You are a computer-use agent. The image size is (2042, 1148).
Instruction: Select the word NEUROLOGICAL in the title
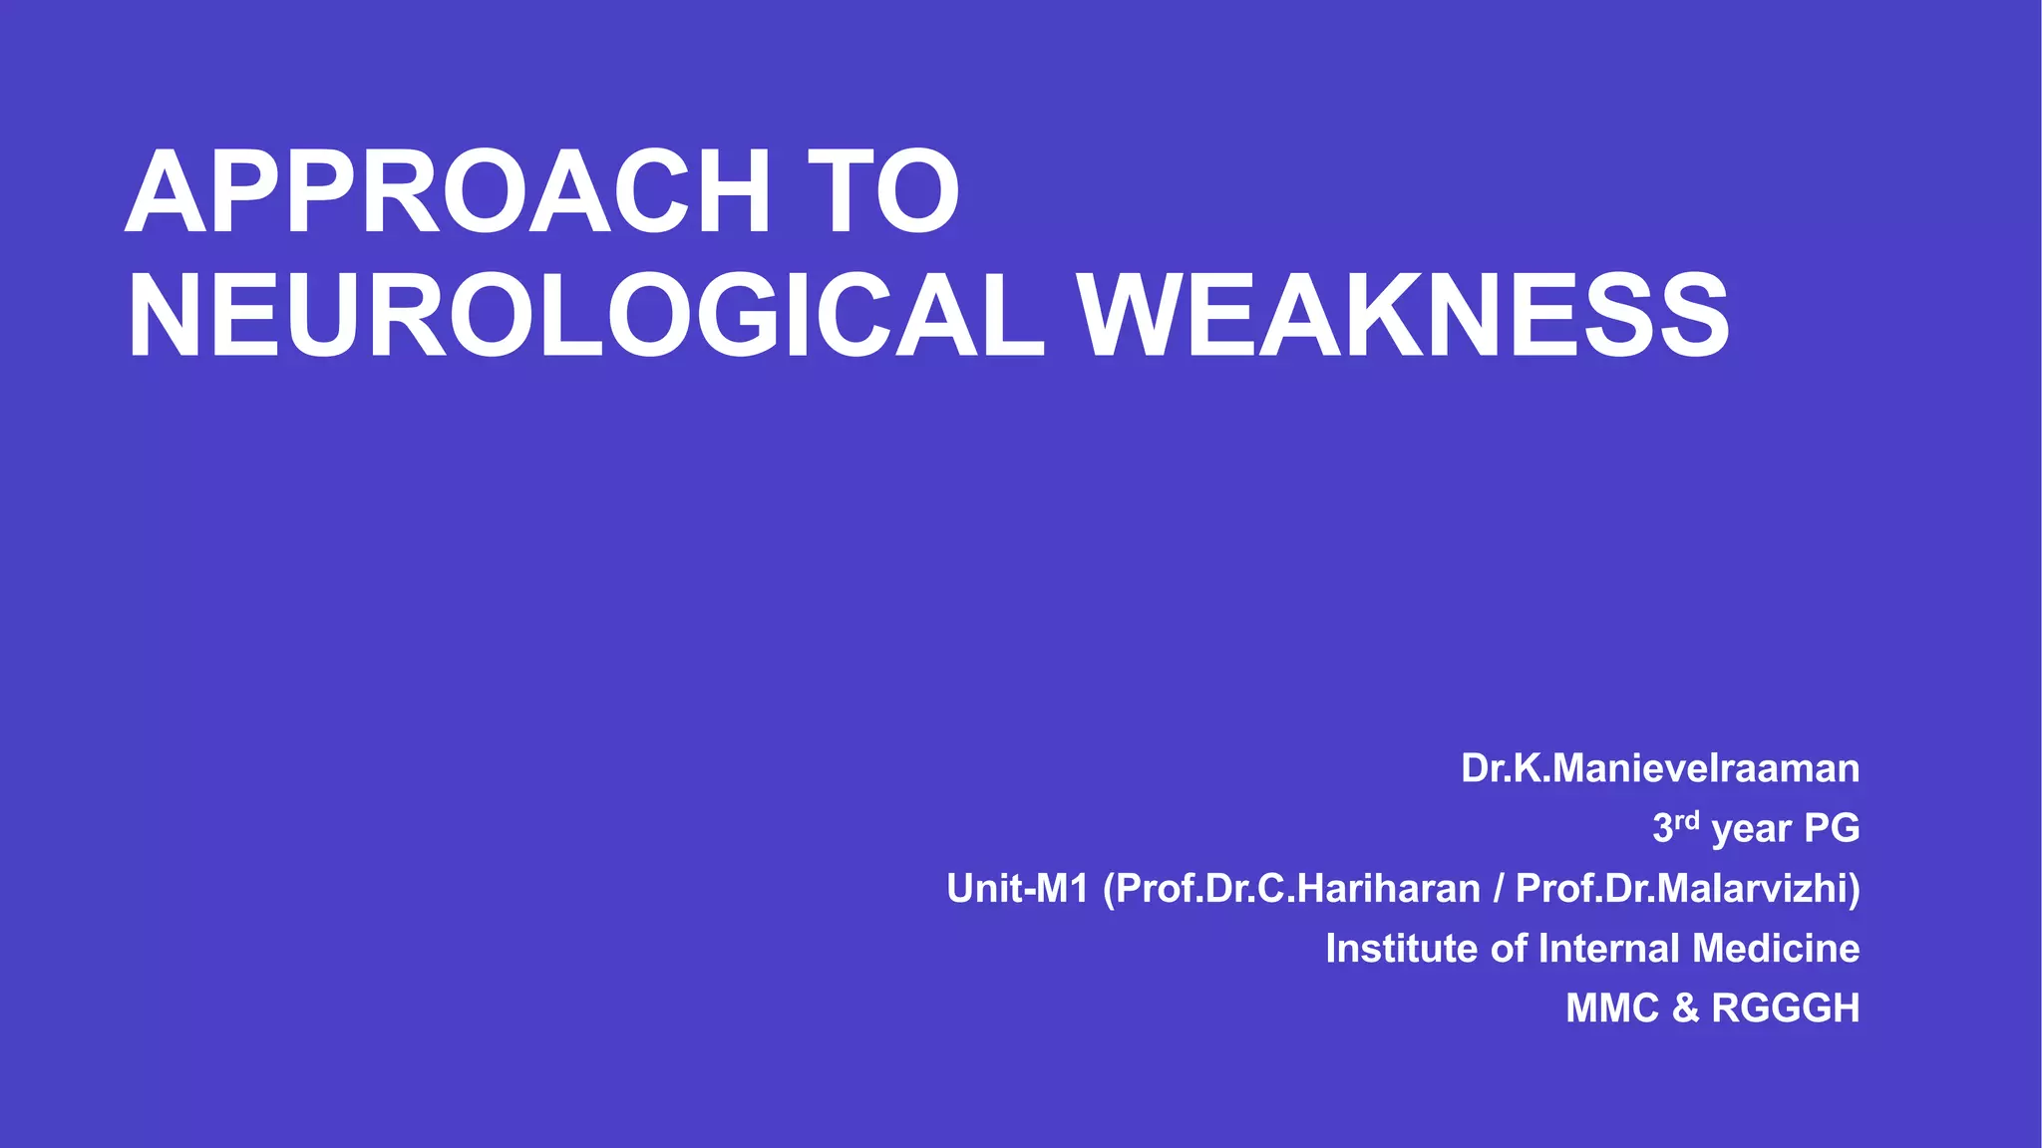(586, 316)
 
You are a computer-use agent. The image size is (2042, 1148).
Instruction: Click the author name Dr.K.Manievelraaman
(1660, 768)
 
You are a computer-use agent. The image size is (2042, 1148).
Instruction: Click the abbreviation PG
(1832, 828)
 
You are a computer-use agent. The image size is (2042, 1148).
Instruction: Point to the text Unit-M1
(1017, 888)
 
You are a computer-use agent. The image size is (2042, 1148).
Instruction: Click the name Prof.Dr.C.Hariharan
(1297, 888)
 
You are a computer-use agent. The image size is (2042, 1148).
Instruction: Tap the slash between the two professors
(1499, 888)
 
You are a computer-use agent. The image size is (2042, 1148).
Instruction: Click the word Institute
(1402, 948)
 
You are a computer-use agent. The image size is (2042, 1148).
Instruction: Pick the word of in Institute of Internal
(1509, 948)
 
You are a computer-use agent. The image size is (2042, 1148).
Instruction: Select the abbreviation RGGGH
(1786, 1007)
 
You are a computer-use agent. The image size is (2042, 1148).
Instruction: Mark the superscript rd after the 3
(1687, 821)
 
